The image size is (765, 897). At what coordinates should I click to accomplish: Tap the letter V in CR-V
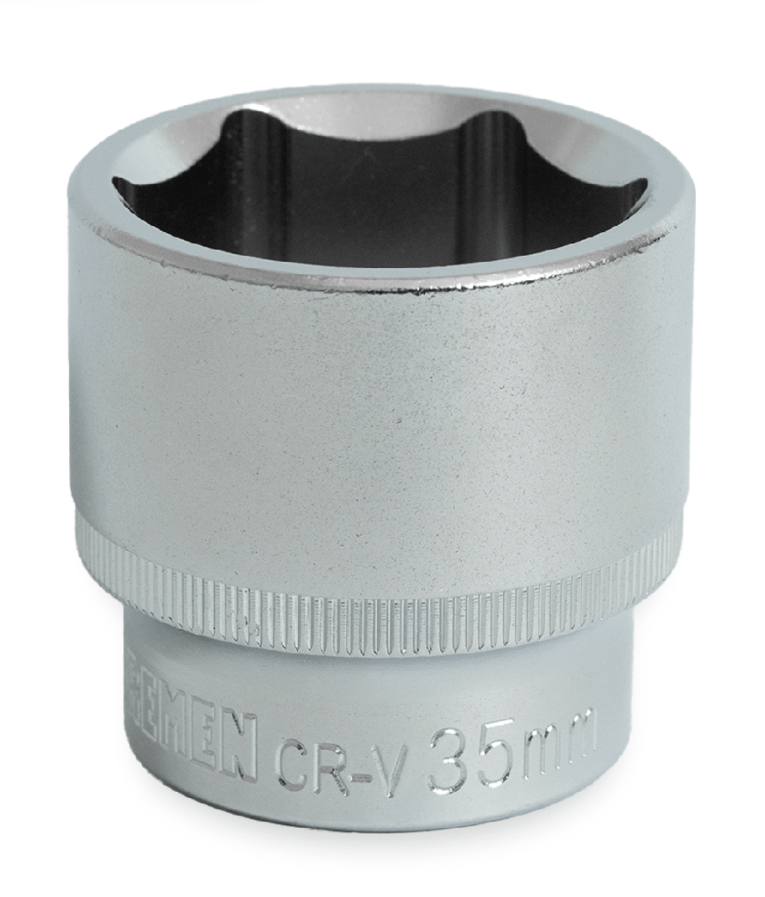click(x=392, y=755)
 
